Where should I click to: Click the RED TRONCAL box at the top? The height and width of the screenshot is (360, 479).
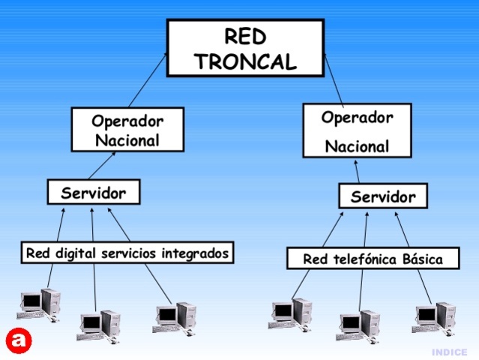tap(245, 48)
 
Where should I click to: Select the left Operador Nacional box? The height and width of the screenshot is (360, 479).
tap(127, 129)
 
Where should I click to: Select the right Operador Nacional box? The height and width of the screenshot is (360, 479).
tap(357, 130)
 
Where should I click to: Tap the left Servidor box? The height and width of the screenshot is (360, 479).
tap(94, 192)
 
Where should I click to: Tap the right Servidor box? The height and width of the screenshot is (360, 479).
tap(383, 197)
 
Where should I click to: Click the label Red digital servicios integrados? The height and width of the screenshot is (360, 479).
tap(127, 253)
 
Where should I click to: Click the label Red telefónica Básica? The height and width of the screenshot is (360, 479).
tap(372, 259)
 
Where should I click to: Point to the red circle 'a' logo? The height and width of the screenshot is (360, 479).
tap(19, 340)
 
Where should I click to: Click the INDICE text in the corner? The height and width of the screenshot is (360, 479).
tap(450, 352)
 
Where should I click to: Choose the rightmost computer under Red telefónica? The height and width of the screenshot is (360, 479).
tap(434, 317)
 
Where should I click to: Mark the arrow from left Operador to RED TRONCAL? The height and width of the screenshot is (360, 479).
tap(147, 80)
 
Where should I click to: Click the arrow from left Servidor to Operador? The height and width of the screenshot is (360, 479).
tap(103, 165)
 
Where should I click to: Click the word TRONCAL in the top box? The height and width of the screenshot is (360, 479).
tap(245, 61)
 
